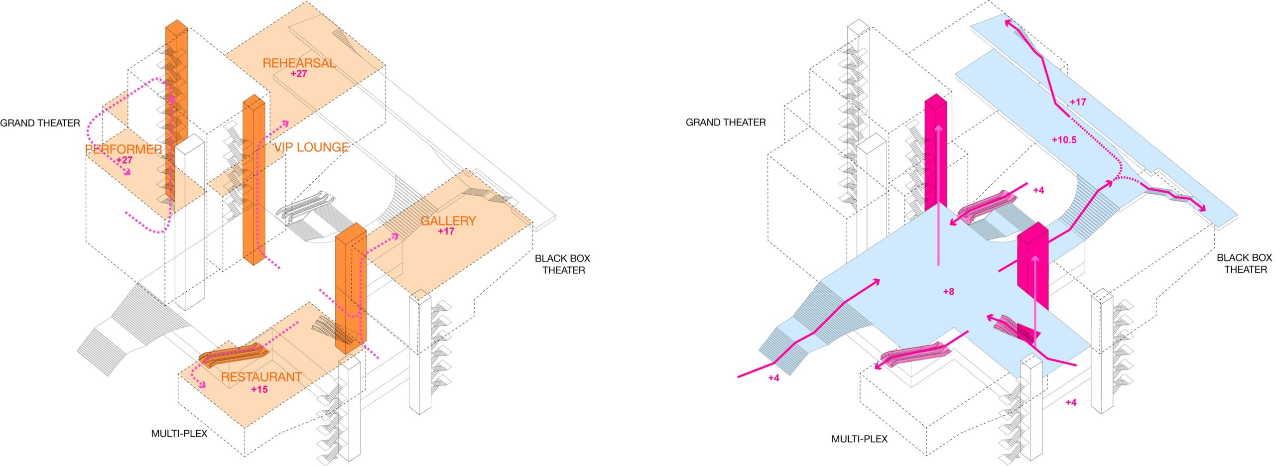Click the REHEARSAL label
(x=299, y=63)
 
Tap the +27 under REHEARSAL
(x=299, y=74)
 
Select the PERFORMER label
(x=124, y=149)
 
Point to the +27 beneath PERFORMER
(x=124, y=160)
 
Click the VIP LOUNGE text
(x=311, y=147)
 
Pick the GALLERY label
(x=448, y=221)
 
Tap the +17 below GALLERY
(x=446, y=232)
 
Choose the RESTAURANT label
(x=261, y=377)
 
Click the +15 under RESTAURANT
(x=259, y=389)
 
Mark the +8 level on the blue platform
(x=949, y=292)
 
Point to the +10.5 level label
(x=1064, y=140)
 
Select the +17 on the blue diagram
(x=1078, y=102)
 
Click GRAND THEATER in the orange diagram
(x=40, y=123)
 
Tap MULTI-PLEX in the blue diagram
(x=860, y=439)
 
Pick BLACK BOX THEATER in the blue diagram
(x=1244, y=263)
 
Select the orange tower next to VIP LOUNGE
(x=254, y=179)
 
